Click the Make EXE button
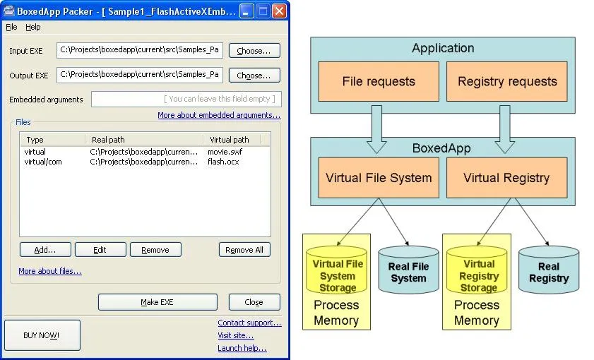157,302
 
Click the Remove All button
244,250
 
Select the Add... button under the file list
44,250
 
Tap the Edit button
100,250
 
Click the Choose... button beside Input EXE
254,51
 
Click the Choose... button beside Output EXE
254,76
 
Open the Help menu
33,27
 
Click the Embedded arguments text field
185,100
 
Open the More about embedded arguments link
218,115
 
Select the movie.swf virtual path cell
225,152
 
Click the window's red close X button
279,11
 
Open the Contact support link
249,323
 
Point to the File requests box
378,81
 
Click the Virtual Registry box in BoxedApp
506,177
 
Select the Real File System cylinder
408,272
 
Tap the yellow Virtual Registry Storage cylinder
479,272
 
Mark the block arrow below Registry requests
504,129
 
